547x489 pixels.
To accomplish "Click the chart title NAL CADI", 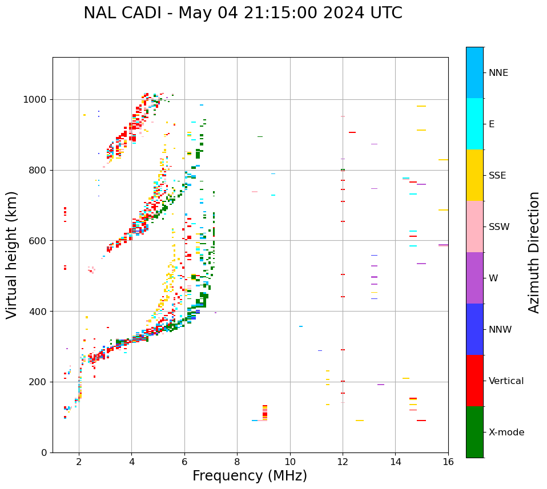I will (x=243, y=13).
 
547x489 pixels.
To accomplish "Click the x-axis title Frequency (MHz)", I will (x=250, y=476).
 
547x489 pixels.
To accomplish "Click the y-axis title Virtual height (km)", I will (x=12, y=254).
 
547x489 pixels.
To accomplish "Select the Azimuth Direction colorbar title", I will (x=534, y=252).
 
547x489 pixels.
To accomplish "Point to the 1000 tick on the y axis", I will (x=38, y=99).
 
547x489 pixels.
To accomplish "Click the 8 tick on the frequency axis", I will (x=237, y=461).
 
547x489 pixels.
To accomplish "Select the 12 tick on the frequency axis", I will (x=343, y=461).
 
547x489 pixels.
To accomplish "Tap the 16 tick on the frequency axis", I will (x=448, y=461).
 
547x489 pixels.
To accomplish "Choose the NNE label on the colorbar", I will (x=498, y=72).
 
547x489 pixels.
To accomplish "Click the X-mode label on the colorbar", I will (x=506, y=432).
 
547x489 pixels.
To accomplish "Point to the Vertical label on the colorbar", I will (x=506, y=381).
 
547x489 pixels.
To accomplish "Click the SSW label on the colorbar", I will (x=499, y=227).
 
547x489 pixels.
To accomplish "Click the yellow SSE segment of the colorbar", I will (x=474, y=175).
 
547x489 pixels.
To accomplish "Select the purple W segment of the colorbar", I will (x=474, y=277).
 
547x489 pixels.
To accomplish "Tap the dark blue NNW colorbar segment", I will (x=474, y=329).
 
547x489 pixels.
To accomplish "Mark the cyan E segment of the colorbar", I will (x=474, y=123).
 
